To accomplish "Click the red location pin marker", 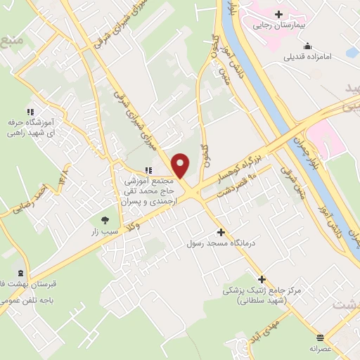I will point(181,166).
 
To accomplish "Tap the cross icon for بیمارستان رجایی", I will point(279,14).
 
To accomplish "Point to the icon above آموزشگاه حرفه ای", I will point(30,112).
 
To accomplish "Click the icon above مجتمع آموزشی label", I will point(148,169).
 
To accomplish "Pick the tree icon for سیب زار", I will point(105,219).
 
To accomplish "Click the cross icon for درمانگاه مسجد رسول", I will point(221,232).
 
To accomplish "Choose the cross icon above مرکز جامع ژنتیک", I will point(262,279).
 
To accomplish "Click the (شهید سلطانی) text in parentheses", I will point(262,300).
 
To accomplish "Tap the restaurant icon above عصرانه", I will point(320,337).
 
